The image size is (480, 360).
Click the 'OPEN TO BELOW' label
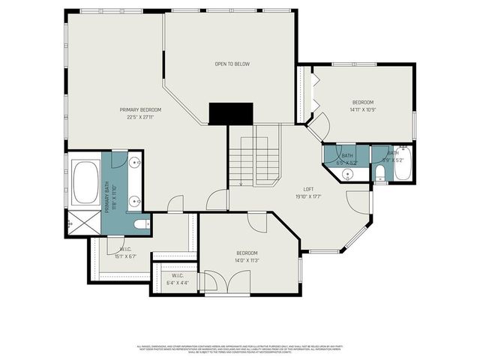tap(232, 64)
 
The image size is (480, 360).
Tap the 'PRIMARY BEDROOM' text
tap(140, 109)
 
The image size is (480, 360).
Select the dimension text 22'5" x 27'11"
tap(140, 117)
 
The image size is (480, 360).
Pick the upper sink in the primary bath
tap(133, 163)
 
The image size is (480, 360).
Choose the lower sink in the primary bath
tap(133, 200)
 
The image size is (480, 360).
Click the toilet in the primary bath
tap(139, 223)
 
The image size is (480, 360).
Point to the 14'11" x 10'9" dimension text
tap(363, 109)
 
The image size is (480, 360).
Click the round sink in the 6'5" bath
tap(347, 174)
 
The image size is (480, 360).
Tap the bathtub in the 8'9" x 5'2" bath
tap(402, 164)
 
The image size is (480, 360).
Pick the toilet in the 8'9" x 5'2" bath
tap(379, 175)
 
